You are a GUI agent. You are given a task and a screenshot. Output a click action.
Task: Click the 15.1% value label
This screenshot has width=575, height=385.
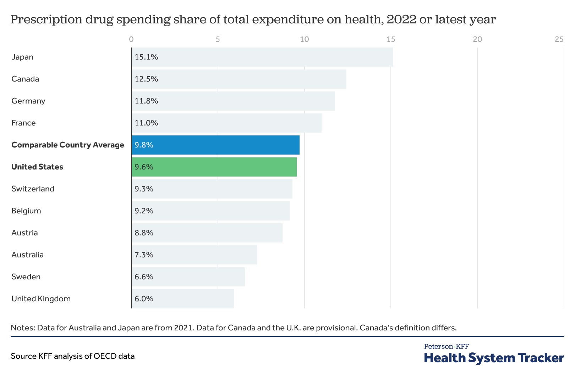146,57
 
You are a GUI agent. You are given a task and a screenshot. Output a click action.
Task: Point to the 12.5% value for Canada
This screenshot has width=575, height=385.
146,79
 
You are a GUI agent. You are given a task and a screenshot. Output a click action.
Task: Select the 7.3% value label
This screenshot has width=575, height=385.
144,255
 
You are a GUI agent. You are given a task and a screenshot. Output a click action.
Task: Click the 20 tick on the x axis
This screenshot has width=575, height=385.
477,39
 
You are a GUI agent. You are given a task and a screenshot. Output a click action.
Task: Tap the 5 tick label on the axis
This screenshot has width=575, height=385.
218,39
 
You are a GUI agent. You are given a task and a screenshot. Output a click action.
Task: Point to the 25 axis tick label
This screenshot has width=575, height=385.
559,39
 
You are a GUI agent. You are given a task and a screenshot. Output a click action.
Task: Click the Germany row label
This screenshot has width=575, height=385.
28,101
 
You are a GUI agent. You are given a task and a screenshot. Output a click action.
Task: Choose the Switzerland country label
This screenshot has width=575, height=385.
33,189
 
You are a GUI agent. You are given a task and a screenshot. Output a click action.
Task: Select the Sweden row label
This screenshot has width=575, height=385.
26,277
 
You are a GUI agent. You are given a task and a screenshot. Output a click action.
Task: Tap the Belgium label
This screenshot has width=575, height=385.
26,211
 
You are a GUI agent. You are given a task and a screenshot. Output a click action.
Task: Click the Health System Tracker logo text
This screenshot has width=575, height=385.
494,358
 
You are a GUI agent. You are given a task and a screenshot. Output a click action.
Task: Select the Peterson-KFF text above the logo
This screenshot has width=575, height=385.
447,346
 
